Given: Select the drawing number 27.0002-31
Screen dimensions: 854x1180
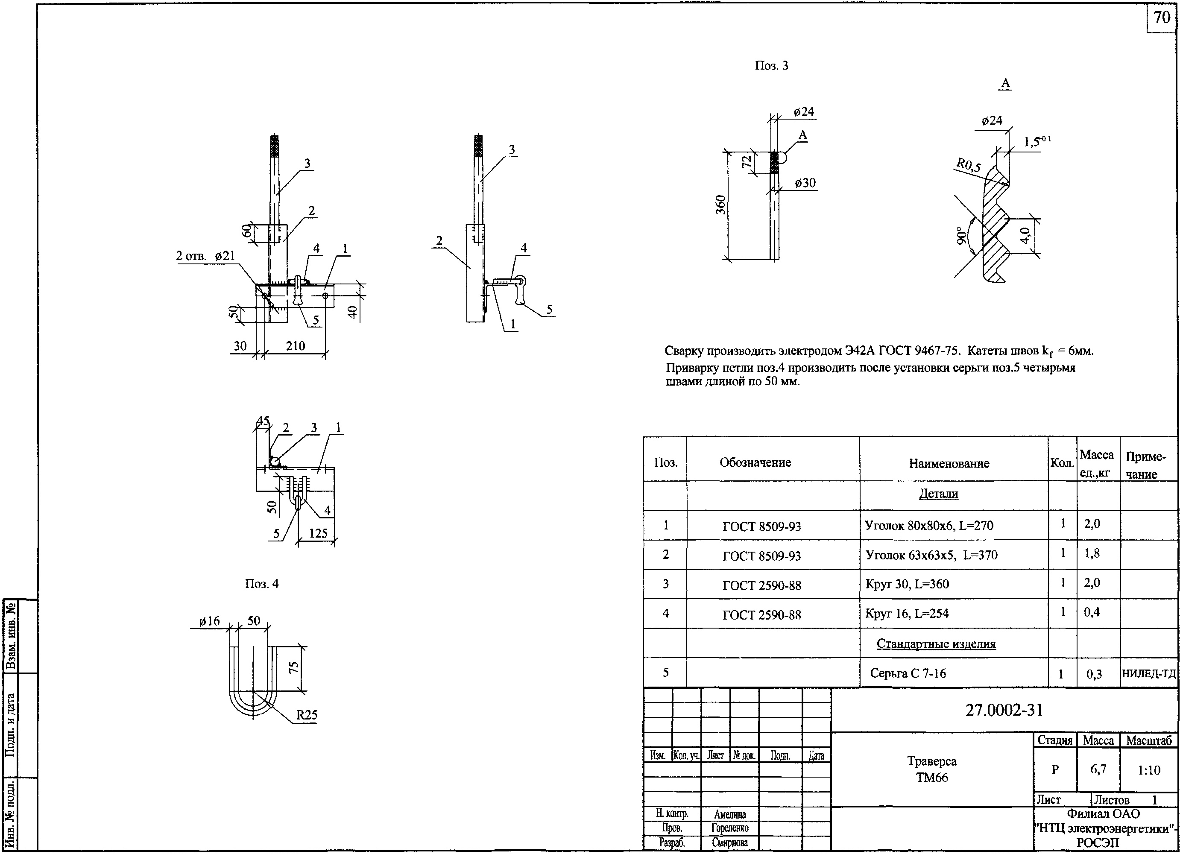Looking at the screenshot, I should (x=1004, y=711).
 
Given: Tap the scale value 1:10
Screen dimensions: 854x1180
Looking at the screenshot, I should (x=1148, y=770).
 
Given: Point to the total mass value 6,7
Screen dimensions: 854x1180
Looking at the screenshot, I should (x=1098, y=769).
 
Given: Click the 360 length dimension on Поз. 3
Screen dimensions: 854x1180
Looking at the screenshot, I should (x=720, y=205).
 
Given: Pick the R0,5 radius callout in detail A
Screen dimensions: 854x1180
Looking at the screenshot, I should (x=968, y=166).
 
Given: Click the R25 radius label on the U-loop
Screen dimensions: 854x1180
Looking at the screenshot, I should (x=307, y=715).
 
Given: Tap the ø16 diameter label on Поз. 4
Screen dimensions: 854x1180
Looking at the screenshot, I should (x=210, y=621).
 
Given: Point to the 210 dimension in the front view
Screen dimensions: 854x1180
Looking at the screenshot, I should (x=295, y=346).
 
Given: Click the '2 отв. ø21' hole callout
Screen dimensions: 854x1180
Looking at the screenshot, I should (x=205, y=256).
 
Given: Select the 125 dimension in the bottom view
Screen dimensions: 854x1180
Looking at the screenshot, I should (x=318, y=533).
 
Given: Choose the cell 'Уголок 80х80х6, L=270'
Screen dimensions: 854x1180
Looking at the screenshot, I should (x=929, y=525).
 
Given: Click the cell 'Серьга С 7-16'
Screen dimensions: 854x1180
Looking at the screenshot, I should (x=908, y=673).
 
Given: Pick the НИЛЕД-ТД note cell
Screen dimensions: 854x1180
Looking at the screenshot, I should (x=1149, y=673).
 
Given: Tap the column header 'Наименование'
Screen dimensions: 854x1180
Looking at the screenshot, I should (x=949, y=463).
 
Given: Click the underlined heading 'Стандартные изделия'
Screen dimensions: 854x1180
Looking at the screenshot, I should (x=936, y=644).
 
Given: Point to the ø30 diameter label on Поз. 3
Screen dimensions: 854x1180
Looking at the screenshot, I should (x=805, y=183).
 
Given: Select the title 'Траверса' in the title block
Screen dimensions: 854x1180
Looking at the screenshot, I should (x=932, y=761).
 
